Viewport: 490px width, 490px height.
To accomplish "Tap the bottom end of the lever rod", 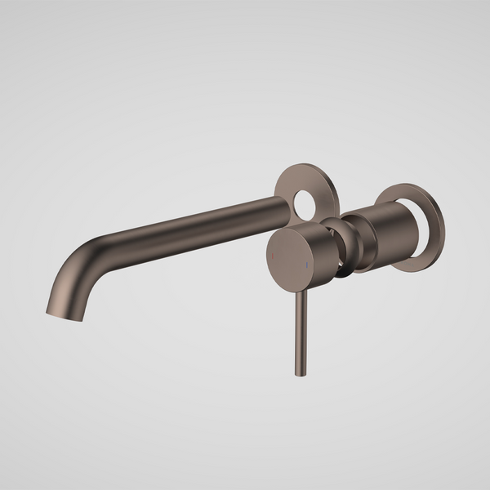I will click(295, 373).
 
